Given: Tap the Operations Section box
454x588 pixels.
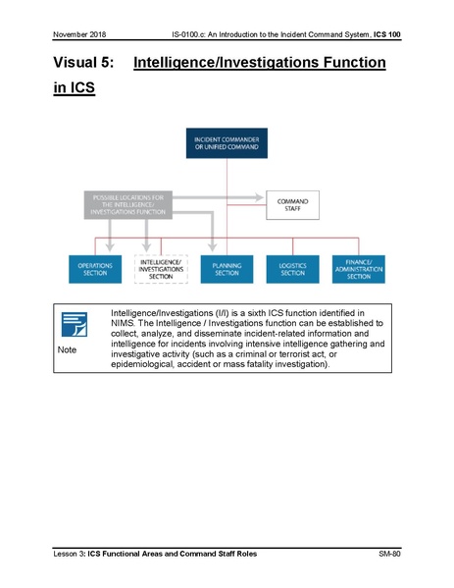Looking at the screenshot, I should pyautogui.click(x=95, y=270).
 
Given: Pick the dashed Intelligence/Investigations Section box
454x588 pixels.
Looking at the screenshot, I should pyautogui.click(x=160, y=270).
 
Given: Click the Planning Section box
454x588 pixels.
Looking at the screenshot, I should pyautogui.click(x=227, y=270).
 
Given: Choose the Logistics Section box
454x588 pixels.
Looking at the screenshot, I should pyautogui.click(x=292, y=270).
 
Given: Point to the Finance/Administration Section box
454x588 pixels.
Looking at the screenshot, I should pyautogui.click(x=358, y=270).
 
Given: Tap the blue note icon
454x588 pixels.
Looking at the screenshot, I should pyautogui.click(x=76, y=324).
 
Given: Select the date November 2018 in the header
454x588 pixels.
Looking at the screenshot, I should pyautogui.click(x=80, y=35).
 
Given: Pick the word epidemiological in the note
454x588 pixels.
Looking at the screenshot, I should pyautogui.click(x=151, y=364).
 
